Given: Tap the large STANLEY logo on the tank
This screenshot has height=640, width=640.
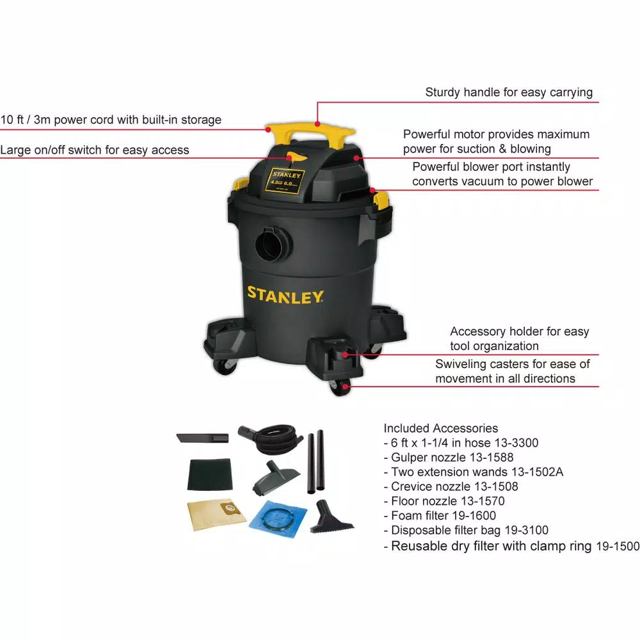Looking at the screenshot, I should (x=285, y=295).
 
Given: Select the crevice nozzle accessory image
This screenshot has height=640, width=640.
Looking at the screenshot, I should (x=202, y=438).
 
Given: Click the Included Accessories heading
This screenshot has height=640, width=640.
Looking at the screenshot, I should (x=440, y=428).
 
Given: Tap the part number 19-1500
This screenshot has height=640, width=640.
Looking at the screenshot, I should (x=617, y=547).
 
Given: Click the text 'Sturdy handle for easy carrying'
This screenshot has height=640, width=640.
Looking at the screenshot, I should (x=509, y=92).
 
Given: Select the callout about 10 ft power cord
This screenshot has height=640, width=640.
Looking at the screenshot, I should (x=111, y=120).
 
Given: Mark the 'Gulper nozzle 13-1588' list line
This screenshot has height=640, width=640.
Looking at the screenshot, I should (x=448, y=458).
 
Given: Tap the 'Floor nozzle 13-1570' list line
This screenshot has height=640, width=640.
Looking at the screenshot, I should (x=444, y=501).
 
